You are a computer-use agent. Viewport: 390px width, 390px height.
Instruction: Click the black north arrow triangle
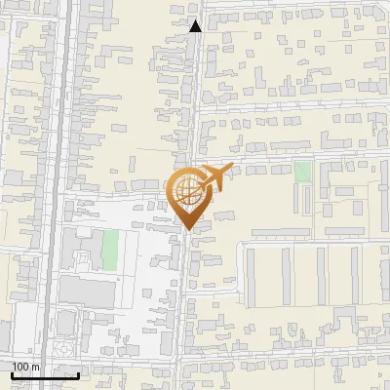tap(195, 26)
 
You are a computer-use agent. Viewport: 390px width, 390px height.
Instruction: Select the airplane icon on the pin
tap(214, 179)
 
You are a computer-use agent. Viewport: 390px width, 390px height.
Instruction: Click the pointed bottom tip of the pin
tap(187, 230)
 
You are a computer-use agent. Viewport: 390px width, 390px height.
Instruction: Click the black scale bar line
tap(45, 375)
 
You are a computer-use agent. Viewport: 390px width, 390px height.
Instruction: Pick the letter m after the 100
tap(35, 367)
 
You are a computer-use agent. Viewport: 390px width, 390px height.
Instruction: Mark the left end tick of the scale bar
tap(12, 373)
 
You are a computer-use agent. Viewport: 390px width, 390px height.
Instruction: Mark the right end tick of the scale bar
tap(78, 373)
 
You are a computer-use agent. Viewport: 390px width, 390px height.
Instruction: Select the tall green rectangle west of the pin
tap(110, 250)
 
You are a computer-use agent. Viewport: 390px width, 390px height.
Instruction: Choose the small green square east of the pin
tap(303, 172)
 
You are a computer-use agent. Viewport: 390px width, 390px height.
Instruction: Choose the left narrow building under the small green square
tap(299, 200)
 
